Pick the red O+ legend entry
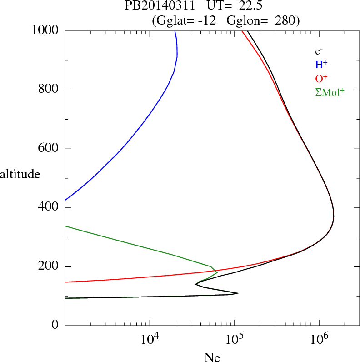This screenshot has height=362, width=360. (x=321, y=78)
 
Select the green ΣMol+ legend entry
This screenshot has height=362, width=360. (x=330, y=92)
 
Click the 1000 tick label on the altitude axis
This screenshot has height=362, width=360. (x=45, y=30)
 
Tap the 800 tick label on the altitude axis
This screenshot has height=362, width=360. (x=49, y=90)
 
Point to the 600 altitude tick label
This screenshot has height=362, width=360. (x=49, y=149)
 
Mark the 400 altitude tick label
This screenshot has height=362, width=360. (x=49, y=208)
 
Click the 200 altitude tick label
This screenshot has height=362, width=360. (x=49, y=266)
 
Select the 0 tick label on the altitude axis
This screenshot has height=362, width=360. (x=55, y=326)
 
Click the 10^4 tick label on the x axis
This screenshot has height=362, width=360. (x=150, y=339)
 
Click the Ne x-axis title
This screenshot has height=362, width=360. (x=212, y=357)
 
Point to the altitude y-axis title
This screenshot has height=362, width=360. (x=20, y=174)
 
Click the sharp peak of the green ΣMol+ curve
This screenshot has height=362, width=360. (x=217, y=272)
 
